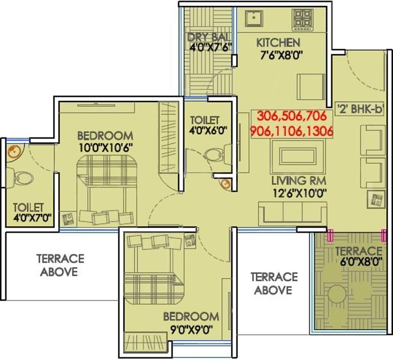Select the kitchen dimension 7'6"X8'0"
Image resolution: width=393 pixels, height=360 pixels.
[279, 55]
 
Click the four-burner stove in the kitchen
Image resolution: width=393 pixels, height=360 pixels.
[303, 20]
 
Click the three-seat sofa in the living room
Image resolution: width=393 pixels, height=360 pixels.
[293, 212]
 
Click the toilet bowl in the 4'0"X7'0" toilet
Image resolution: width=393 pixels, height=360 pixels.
[22, 178]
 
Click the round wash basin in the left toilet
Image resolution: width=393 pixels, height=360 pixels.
[14, 151]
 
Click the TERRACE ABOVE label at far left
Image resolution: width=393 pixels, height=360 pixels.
[60, 265]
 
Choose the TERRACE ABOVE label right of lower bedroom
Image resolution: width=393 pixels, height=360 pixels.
[274, 283]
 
